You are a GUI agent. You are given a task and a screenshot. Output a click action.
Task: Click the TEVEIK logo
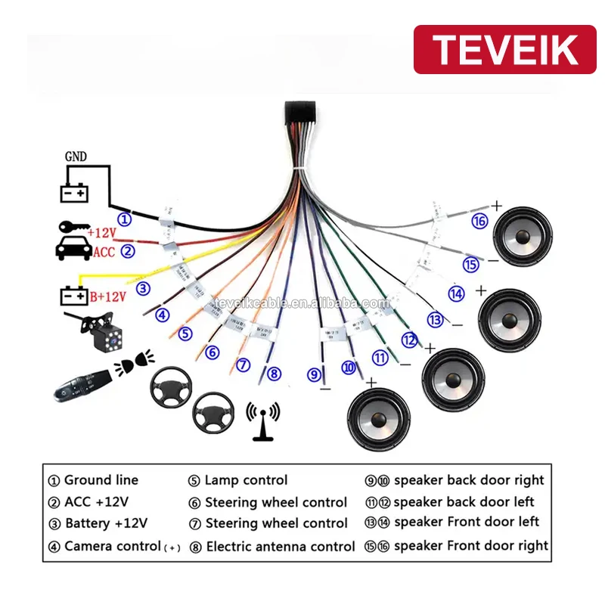pos(505,49)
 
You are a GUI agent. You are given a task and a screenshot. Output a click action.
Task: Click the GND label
pos(76,157)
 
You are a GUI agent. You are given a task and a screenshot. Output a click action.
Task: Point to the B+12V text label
pos(107,296)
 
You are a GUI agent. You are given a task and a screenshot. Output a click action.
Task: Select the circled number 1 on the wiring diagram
pos(126,219)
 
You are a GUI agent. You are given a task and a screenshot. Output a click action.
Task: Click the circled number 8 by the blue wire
pos(274,372)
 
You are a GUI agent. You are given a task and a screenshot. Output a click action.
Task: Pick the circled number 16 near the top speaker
pos(479,221)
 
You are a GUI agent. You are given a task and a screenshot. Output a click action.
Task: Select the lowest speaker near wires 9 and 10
pos(377,418)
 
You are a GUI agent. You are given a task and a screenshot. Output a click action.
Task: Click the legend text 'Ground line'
pos(101,480)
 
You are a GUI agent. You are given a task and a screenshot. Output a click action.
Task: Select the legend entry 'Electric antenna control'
pos(280,546)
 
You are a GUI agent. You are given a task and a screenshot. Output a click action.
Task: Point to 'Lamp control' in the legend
pos(246,480)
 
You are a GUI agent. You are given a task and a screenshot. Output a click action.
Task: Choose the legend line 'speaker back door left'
pos(464,501)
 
